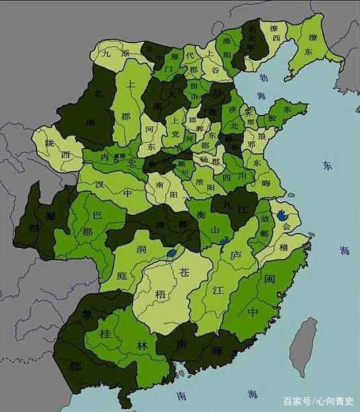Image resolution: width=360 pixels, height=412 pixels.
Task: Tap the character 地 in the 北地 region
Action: (x=90, y=122)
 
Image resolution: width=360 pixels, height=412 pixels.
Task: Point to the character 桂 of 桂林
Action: (x=105, y=333)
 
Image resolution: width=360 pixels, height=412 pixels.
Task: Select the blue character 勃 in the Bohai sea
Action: (x=262, y=77)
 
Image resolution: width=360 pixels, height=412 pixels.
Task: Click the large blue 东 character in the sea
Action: (x=327, y=165)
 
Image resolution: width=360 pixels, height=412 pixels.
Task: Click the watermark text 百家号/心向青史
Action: (x=317, y=401)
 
